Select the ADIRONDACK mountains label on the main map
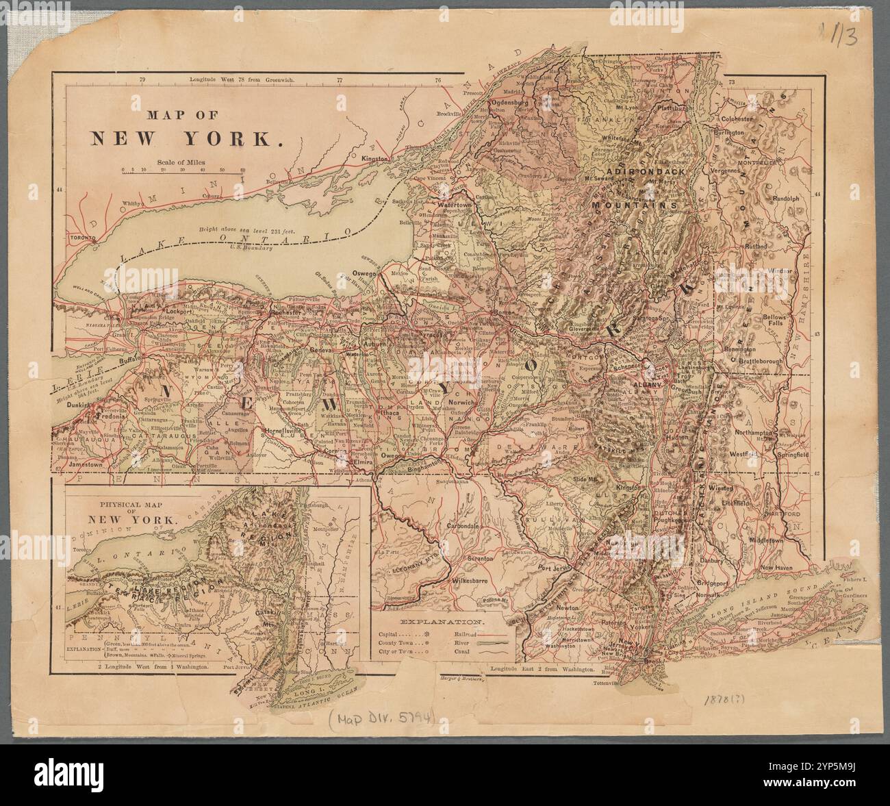click(x=642, y=173)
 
